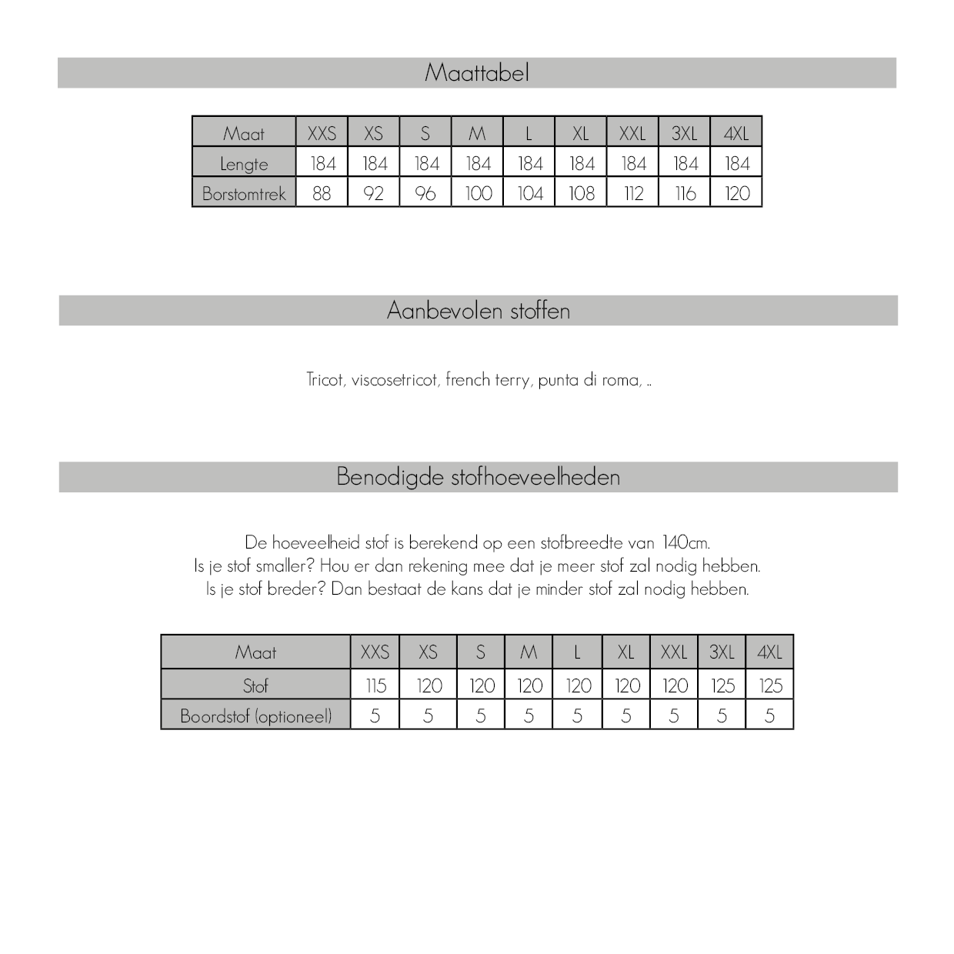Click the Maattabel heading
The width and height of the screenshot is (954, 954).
pyautogui.click(x=476, y=73)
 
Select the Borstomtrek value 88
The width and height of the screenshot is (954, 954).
pyautogui.click(x=322, y=193)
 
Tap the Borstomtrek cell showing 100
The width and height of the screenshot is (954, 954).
pyautogui.click(x=478, y=193)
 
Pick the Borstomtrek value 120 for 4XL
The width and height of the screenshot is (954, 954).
pyautogui.click(x=736, y=193)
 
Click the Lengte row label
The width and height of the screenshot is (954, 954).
pyautogui.click(x=244, y=164)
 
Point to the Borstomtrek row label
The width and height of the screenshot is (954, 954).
pyautogui.click(x=244, y=194)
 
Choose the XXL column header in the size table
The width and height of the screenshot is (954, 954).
pyautogui.click(x=632, y=133)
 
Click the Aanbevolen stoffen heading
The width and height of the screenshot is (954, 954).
pyautogui.click(x=478, y=311)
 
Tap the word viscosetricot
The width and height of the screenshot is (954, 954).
pyautogui.click(x=394, y=380)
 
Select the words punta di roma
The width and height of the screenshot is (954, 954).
pyautogui.click(x=589, y=380)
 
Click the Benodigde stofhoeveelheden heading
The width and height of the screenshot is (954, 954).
pyautogui.click(x=478, y=477)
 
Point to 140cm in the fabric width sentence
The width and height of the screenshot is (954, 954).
pyautogui.click(x=685, y=542)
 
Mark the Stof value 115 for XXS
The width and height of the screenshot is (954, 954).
pyautogui.click(x=375, y=685)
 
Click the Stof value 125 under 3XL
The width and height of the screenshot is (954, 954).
pyautogui.click(x=722, y=685)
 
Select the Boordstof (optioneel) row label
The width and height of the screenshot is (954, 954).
pyautogui.click(x=255, y=716)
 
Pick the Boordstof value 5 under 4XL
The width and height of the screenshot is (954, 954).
pyautogui.click(x=769, y=716)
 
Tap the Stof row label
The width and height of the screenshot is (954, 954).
pyautogui.click(x=255, y=685)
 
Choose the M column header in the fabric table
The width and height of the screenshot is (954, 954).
pyautogui.click(x=529, y=652)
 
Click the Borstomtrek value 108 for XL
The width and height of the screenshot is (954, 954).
pyautogui.click(x=581, y=193)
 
